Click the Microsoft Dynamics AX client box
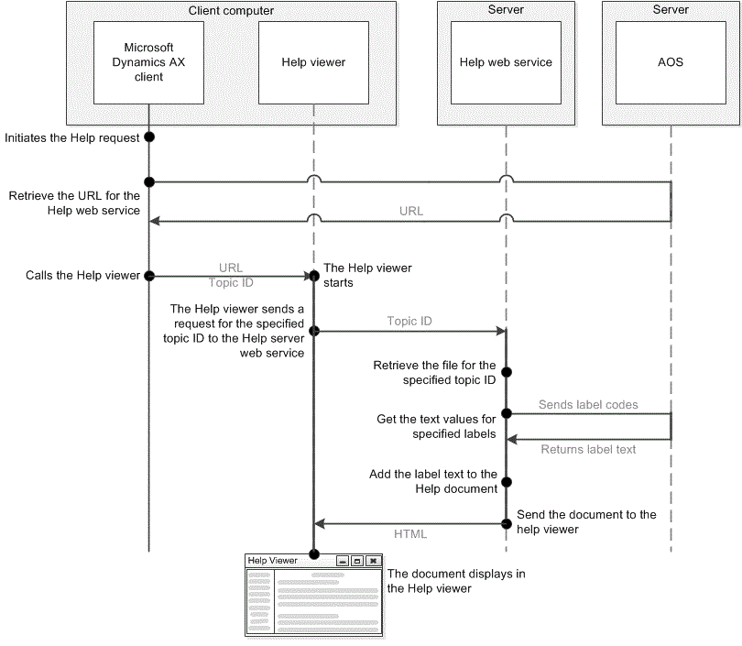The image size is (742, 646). coord(148,62)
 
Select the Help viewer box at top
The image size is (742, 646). coord(313,62)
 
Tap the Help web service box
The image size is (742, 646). coord(506,62)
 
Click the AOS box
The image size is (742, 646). coord(671,62)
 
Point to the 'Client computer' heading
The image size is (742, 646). coord(231,11)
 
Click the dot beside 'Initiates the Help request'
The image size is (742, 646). coord(149,137)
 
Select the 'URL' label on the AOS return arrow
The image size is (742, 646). coord(411,211)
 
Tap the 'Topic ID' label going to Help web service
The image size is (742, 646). coord(409,321)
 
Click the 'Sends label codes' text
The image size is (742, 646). coord(588,404)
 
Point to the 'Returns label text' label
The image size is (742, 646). coord(588,449)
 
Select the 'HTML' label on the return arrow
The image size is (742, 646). coord(409,533)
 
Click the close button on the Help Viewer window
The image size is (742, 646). coord(373,560)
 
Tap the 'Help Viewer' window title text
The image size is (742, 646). coord(272,560)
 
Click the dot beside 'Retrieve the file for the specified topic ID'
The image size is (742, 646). coord(506,373)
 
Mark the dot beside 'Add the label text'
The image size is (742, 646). coord(506,481)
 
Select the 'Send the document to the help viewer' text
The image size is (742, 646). coord(586,521)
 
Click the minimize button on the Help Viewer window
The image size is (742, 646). coord(343,560)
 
